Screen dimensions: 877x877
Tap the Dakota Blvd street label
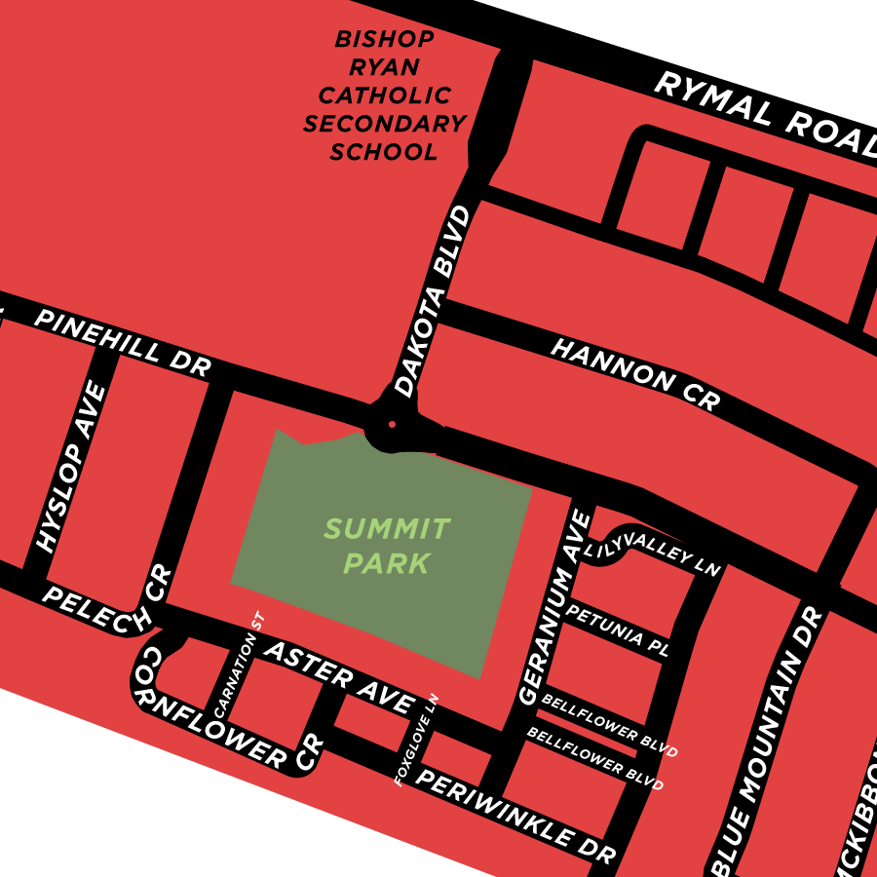pos(433,300)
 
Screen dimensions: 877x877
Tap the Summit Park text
pos(387,546)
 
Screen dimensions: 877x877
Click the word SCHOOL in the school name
pos(383,152)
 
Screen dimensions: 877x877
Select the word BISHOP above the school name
pos(384,40)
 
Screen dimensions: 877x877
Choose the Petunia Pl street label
pos(617,629)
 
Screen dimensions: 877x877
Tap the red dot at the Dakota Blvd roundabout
pos(392,424)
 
